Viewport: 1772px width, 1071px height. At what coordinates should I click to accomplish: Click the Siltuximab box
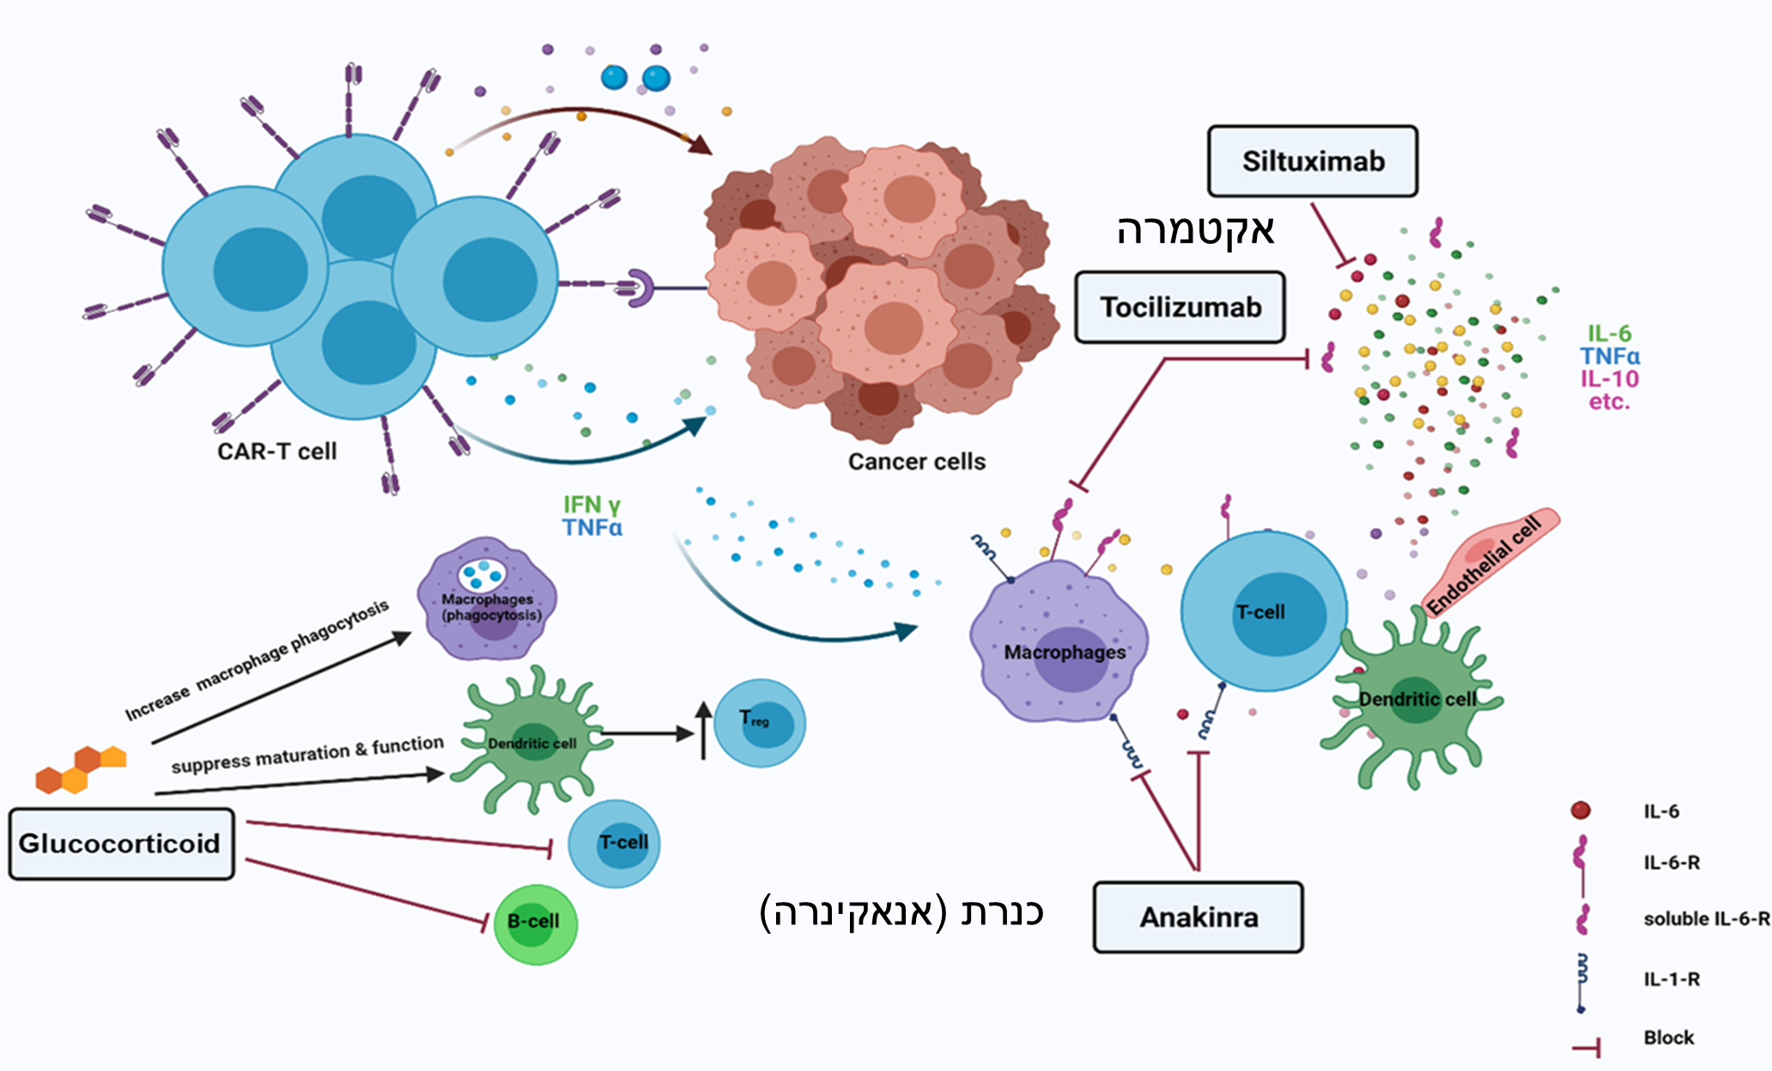(1312, 161)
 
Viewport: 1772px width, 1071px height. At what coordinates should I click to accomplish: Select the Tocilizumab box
(1180, 307)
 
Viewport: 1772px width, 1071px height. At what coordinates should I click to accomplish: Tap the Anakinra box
(1199, 917)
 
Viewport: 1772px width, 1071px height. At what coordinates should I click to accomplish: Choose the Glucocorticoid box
(120, 844)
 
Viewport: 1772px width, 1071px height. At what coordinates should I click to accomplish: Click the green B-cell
(535, 923)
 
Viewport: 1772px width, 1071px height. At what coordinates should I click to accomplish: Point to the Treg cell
(760, 723)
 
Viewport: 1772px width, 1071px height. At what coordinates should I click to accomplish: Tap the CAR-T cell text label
(276, 451)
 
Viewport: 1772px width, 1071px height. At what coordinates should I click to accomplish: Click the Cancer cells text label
(916, 462)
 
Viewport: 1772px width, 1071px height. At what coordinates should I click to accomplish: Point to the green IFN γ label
(592, 505)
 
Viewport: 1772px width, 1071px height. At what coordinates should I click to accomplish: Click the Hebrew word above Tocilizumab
(1195, 230)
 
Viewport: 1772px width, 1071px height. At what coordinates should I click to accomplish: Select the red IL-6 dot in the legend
(1581, 810)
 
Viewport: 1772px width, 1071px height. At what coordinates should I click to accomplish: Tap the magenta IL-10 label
(1610, 378)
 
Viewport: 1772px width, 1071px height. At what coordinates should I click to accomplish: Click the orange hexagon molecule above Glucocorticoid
(82, 768)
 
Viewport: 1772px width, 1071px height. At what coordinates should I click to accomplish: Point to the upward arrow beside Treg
(704, 729)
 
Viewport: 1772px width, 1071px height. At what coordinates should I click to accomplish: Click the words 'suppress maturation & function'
(307, 754)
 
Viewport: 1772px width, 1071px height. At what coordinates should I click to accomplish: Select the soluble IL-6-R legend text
(1706, 918)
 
